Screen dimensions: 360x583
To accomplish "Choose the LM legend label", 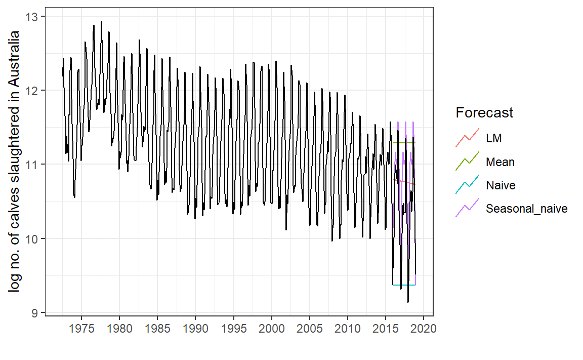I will pos(494,138).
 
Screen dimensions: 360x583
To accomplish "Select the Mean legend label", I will pos(500,162).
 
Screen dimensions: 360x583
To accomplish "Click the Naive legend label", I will pos(501,185).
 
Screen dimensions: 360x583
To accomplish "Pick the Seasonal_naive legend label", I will pos(526,209).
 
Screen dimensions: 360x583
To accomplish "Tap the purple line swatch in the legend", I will pos(467,209).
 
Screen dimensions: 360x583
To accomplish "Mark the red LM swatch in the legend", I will pos(467,138).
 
